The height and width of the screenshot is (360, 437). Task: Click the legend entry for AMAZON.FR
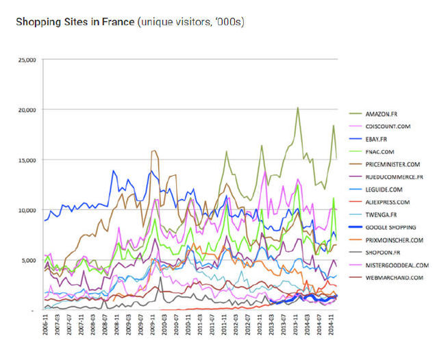tap(382, 112)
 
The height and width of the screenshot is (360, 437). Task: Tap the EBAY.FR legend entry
tap(377, 138)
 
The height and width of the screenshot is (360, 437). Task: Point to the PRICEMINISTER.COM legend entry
tap(392, 164)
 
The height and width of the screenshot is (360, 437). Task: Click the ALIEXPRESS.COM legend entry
tap(387, 202)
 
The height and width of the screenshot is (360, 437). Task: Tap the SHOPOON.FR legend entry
tap(382, 253)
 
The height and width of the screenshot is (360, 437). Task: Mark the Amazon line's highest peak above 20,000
tap(297, 107)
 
